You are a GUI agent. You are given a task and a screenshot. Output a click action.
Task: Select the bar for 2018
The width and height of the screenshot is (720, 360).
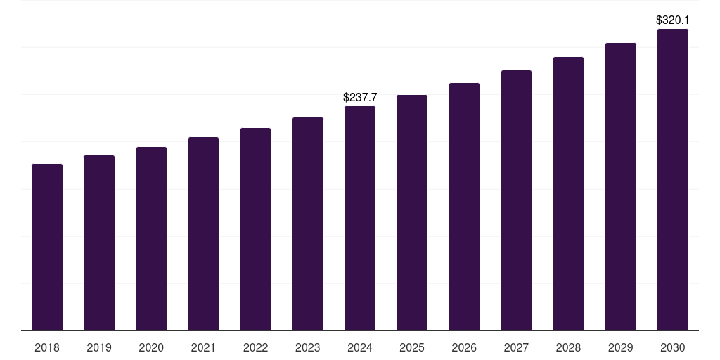47,247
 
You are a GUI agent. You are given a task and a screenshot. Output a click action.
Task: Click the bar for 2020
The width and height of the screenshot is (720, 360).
151,238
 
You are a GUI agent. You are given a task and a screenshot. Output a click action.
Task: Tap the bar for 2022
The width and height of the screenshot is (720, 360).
255,229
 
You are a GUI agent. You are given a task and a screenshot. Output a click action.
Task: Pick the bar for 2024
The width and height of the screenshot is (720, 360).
360,218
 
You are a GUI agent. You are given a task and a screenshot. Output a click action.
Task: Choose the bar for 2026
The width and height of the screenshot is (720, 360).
464,207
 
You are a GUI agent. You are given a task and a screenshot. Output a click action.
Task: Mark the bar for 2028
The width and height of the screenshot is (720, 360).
568,193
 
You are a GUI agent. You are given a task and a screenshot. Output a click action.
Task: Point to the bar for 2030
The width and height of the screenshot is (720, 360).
673,179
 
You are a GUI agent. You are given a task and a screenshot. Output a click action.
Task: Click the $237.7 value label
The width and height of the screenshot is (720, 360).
360,98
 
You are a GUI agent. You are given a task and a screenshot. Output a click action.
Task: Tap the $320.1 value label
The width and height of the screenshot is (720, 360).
673,20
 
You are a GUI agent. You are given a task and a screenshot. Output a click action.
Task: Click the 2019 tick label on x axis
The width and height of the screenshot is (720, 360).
99,347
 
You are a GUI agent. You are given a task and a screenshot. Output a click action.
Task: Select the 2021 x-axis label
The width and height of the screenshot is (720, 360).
203,347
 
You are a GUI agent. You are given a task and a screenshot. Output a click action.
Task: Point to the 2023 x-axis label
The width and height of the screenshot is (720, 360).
308,347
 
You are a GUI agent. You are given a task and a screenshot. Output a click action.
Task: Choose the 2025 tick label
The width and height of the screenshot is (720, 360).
412,347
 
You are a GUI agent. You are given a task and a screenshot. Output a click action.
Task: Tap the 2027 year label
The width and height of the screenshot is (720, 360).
516,347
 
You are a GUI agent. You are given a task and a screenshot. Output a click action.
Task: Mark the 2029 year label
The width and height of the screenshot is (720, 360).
621,347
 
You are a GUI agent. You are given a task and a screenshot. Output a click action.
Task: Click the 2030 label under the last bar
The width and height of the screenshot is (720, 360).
673,347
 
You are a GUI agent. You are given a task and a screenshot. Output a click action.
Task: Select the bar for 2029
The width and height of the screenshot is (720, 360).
621,186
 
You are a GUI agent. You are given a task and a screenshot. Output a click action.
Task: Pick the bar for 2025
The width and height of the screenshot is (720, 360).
412,212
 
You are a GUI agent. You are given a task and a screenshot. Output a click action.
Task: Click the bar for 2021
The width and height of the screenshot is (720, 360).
203,233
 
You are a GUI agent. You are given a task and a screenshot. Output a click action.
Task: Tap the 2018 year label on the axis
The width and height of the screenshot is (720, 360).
47,347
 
